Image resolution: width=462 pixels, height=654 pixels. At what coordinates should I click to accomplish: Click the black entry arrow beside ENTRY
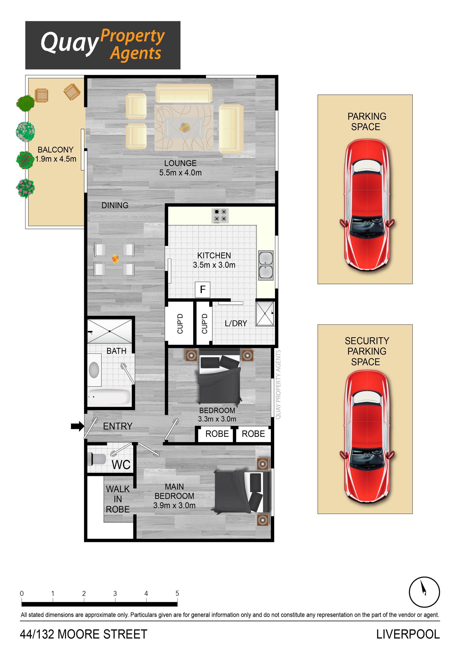coord(77,426)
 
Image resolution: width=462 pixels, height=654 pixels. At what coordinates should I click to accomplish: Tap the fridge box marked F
coord(203,290)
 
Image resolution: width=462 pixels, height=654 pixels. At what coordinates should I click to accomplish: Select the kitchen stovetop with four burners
coord(220,215)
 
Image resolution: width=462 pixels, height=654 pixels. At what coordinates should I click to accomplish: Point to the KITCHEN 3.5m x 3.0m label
coord(214,260)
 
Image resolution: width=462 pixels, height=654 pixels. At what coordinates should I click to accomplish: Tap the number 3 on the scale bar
coord(115,594)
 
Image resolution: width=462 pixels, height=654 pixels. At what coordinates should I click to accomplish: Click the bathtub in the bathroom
coord(109,396)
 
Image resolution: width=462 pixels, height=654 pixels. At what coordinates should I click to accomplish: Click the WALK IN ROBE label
coord(117,499)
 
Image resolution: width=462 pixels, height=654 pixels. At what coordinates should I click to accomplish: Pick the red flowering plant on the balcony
coord(25,160)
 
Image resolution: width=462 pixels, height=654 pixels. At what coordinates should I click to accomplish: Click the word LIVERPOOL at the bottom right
coord(408,635)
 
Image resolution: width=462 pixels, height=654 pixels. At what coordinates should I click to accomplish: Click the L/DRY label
coord(236,323)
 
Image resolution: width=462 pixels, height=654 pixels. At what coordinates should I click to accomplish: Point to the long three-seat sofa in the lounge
coord(184,93)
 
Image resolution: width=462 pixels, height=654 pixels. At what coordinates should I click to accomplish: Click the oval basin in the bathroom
coord(94,370)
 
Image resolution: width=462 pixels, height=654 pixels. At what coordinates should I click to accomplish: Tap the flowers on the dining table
coord(115,259)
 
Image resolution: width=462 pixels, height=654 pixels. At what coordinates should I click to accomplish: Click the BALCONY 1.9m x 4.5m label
coord(56,154)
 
